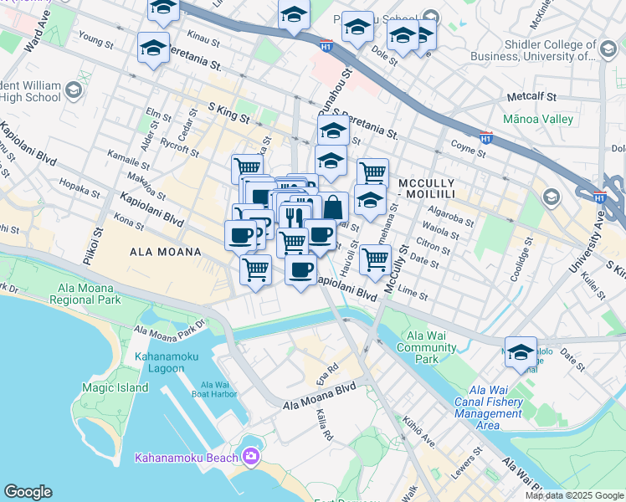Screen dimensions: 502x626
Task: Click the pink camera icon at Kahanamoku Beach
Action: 250,456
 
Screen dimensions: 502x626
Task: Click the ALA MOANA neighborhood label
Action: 165,252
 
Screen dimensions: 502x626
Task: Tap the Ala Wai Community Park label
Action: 427,347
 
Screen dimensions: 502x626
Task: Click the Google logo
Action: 28,492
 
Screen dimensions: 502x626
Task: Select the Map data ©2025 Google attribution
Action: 573,495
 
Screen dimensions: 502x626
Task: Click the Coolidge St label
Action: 526,258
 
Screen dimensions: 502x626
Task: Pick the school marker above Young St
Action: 153,48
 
